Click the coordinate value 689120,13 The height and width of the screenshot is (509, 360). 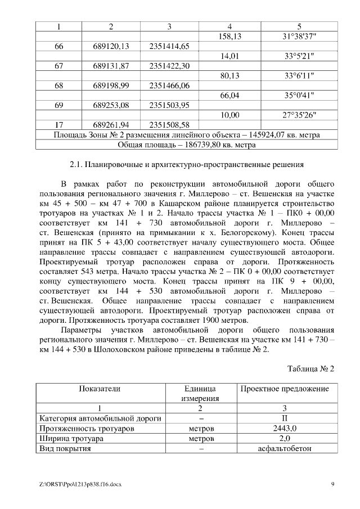point(111,47)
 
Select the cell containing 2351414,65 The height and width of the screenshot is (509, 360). point(169,47)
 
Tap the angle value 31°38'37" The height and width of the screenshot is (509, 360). point(299,37)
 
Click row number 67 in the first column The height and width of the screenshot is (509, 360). point(58,66)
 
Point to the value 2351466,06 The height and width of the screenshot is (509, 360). point(169,85)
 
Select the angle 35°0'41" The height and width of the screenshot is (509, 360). point(299,96)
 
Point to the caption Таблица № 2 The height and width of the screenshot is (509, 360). point(311,369)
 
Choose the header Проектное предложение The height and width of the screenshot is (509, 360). point(285,389)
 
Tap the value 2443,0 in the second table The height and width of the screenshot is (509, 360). point(285,429)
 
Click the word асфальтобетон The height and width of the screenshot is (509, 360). point(285,449)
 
